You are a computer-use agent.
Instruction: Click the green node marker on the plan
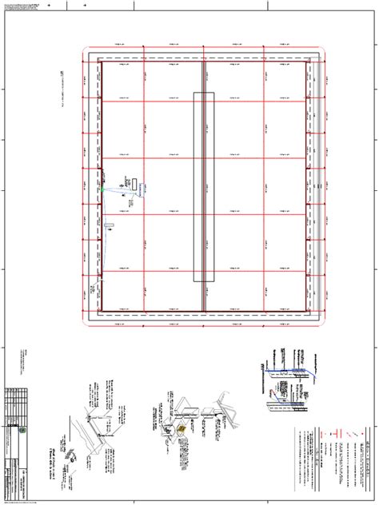[x=102, y=189]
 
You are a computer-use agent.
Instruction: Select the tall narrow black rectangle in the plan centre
[x=204, y=187]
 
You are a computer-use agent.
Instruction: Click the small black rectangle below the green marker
[x=113, y=226]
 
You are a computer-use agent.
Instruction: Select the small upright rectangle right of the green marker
[x=134, y=183]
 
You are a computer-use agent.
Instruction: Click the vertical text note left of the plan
[x=62, y=88]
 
